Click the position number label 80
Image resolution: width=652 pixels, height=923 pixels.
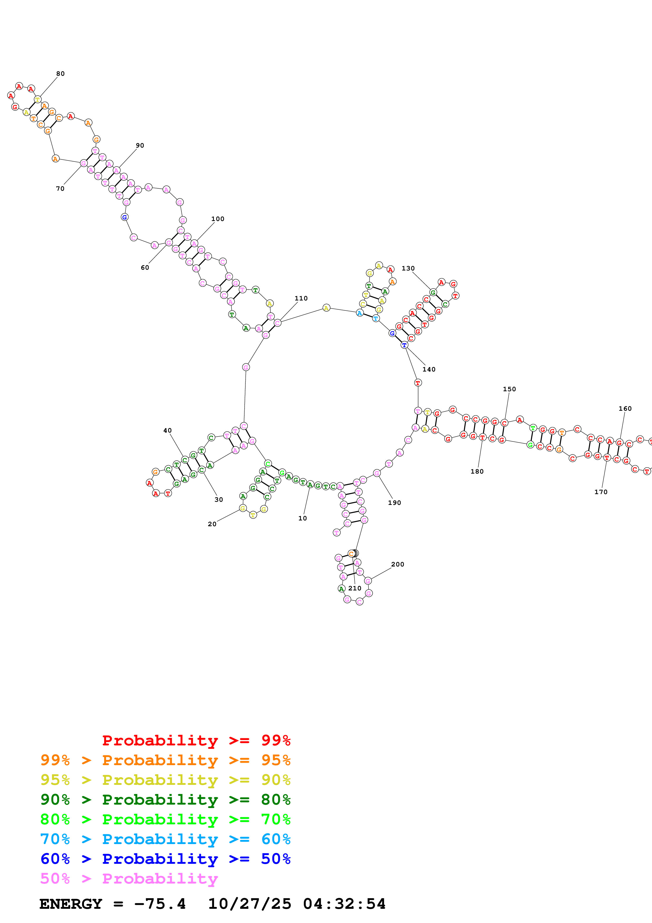(60, 74)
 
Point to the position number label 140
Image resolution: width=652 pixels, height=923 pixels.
(429, 369)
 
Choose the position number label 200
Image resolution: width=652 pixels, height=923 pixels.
(397, 564)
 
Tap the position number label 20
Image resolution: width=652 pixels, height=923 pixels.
(212, 524)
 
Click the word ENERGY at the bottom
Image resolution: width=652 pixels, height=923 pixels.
(71, 904)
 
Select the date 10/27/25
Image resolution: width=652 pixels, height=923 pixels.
(250, 904)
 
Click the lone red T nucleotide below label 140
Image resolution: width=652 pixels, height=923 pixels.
(418, 383)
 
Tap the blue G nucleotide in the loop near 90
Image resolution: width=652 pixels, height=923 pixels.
(124, 217)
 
